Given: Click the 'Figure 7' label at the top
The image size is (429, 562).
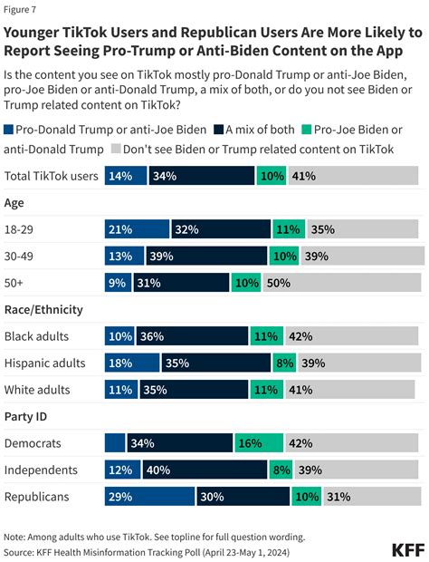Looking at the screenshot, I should click(22, 10).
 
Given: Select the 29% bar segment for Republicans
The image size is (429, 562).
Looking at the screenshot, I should click(149, 498).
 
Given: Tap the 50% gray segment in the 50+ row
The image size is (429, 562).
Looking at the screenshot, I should click(354, 283).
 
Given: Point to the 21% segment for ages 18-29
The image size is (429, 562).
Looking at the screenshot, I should click(137, 229).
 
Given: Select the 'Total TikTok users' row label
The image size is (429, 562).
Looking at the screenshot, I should click(52, 176).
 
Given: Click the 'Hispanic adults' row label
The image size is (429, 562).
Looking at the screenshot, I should click(45, 363).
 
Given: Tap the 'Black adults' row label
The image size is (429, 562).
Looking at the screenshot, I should click(37, 336).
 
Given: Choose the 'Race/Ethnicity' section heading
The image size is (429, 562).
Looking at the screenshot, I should click(44, 309).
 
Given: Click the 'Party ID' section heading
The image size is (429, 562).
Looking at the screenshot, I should click(28, 417).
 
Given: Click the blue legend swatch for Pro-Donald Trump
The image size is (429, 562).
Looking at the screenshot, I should click(10, 130).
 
